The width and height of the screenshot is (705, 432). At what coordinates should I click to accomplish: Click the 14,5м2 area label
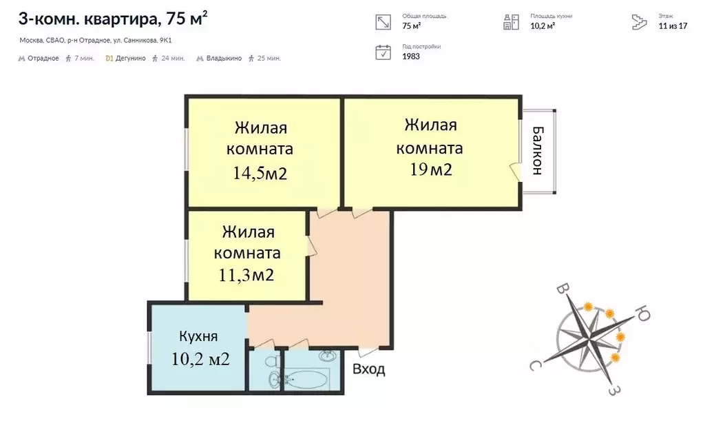pos(260,173)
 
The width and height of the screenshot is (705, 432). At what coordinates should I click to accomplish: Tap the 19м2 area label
pos(431,169)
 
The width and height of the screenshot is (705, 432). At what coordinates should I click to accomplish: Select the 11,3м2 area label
pos(246,276)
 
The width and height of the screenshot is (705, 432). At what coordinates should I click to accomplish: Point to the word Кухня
pos(198,337)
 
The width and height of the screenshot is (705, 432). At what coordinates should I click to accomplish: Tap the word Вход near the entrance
pos(369,370)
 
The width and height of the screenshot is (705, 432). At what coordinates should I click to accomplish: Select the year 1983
pos(411,56)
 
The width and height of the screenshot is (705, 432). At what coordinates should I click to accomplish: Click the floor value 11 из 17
pos(673,26)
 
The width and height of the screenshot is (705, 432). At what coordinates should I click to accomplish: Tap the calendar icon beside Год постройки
pos(383,52)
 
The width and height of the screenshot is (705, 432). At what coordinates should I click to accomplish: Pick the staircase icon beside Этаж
pos(640,22)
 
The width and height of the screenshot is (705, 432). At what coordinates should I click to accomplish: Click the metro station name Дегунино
pos(131,59)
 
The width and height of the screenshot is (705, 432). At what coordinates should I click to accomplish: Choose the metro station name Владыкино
pos(224,59)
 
